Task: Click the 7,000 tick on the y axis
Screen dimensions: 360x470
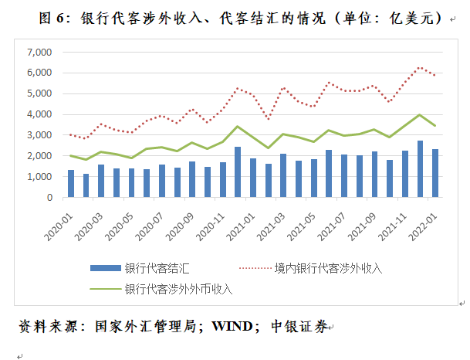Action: pos(39,53)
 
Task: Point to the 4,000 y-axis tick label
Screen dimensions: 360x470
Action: pos(39,114)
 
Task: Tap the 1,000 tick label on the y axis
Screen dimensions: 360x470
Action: pos(39,177)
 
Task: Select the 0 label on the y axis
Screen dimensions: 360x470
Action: pos(48,198)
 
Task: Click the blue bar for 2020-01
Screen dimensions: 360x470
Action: pos(71,184)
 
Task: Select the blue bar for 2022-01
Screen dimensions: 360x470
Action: pos(435,173)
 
